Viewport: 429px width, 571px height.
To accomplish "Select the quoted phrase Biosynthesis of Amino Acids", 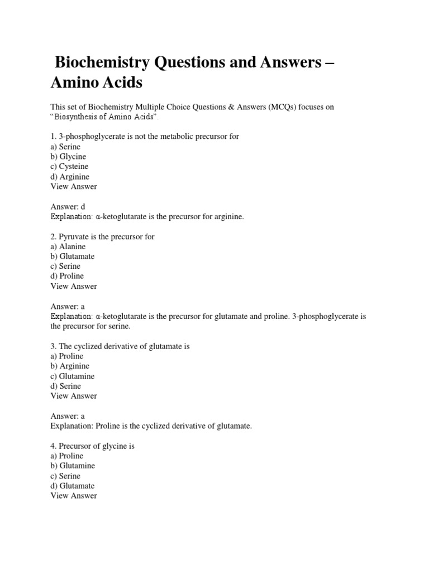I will [x=104, y=117].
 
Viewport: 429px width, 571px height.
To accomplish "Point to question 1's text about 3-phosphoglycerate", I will [x=145, y=137].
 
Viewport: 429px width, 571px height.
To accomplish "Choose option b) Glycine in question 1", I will [x=68, y=157].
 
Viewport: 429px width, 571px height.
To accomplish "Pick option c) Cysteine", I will [x=69, y=167].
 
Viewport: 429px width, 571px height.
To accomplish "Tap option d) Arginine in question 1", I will [x=70, y=177].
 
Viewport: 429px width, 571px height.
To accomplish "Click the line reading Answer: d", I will [x=68, y=206].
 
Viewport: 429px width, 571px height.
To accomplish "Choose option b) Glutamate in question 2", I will [x=73, y=257].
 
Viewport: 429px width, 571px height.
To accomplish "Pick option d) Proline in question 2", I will [x=67, y=276].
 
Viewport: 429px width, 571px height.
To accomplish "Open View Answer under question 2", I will [x=74, y=286].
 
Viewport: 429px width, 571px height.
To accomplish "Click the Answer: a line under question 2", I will [x=68, y=306].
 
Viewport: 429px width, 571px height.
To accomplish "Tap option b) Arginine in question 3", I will [x=70, y=366].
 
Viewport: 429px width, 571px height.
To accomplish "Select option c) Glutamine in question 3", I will [x=73, y=376].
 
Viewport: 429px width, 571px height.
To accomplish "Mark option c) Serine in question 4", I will [x=65, y=476].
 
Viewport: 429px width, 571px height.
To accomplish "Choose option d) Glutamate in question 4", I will [x=73, y=486].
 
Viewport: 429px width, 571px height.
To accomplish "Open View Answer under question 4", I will [x=74, y=496].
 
